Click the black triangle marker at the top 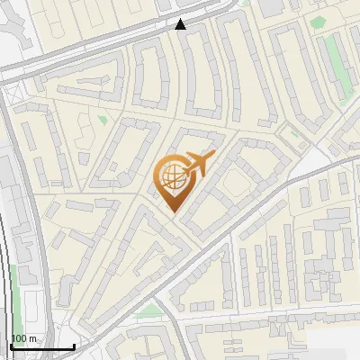tap(181, 24)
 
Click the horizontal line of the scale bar tap(41, 347)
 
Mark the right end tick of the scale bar tap(74, 346)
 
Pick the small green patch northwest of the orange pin tap(103, 120)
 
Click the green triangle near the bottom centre tap(151, 310)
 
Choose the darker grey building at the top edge tap(271, 6)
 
